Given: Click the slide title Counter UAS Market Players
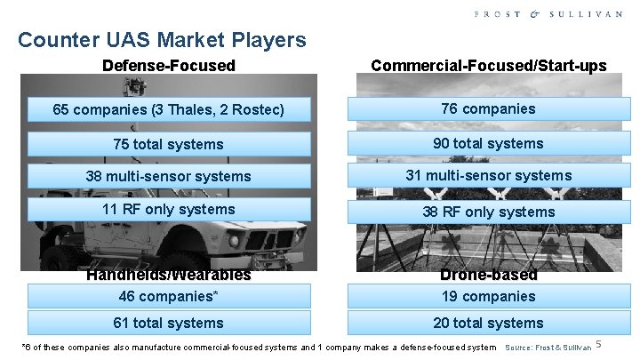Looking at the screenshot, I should [x=162, y=40].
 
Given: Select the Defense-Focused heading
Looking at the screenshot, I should [x=169, y=65].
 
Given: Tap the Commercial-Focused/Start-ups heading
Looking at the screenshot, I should [x=489, y=65].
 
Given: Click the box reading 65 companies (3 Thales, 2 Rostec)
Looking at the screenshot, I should [x=169, y=110].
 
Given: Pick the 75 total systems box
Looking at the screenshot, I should [x=169, y=144].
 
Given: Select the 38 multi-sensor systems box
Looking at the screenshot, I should [x=169, y=176].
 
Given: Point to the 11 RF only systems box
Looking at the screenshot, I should [x=169, y=210].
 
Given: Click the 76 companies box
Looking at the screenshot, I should [x=489, y=108].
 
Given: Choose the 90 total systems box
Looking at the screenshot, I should [x=489, y=143].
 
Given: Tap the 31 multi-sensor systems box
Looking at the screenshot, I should [x=489, y=175].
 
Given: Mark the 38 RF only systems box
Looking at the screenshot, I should [x=489, y=212].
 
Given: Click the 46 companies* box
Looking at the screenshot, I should [x=169, y=296].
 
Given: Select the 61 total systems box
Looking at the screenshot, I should [x=169, y=323].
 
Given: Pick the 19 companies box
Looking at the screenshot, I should [x=489, y=296].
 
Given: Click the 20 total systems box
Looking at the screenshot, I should [x=489, y=323].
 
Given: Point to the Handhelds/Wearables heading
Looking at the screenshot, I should [x=169, y=276].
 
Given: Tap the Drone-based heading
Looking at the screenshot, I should [x=489, y=276].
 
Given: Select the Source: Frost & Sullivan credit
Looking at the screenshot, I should [x=548, y=347].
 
